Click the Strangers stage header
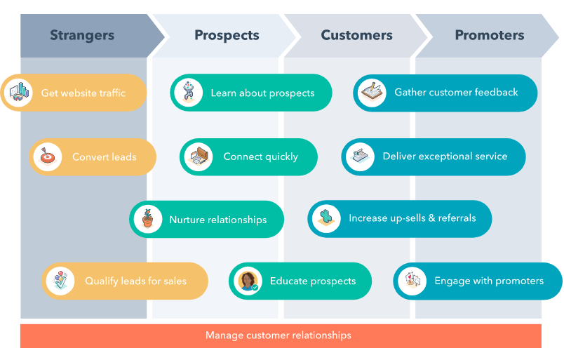click(82, 35)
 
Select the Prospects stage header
click(227, 35)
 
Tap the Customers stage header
click(356, 35)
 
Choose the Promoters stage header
click(489, 35)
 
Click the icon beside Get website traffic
click(18, 93)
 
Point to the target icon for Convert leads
click(48, 157)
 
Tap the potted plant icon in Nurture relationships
click(147, 220)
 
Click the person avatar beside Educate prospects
click(248, 281)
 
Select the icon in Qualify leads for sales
click(60, 281)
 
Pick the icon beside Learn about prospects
click(189, 93)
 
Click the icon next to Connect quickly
click(199, 156)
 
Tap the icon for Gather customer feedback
click(371, 93)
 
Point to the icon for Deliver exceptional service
click(360, 156)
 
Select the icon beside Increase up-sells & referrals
click(326, 219)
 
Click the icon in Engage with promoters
click(412, 281)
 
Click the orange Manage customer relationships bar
click(281, 335)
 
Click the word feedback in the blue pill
click(495, 92)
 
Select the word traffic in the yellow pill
click(108, 93)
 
